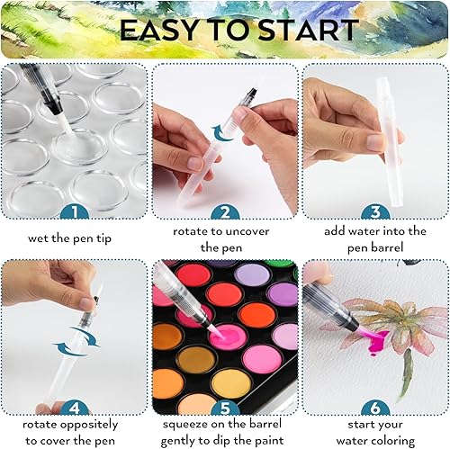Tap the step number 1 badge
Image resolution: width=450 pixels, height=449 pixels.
point(75,211)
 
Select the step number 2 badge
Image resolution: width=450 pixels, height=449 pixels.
point(225,211)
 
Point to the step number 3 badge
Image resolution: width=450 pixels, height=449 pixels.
point(375,211)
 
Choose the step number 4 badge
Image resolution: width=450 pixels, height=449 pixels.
point(75,408)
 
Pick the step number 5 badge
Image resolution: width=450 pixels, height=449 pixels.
point(225,408)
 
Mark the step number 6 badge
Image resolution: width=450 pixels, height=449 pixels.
point(375,408)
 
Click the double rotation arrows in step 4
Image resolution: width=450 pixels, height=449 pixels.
point(76,342)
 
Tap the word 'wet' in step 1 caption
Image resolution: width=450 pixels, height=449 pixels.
point(38,238)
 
